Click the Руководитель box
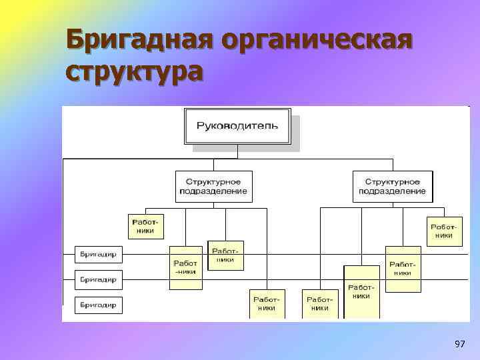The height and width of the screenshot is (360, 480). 237,126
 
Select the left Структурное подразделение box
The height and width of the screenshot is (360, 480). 213,186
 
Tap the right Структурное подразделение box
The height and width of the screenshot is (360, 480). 392,186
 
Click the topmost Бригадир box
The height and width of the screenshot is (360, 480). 99,255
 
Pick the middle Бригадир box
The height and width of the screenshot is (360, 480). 99,279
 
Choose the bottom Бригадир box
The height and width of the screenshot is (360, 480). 99,305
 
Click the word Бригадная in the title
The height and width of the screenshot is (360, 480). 141,41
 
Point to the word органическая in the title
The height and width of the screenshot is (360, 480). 317,41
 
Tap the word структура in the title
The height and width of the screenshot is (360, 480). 133,70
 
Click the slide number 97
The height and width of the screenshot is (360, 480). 459,344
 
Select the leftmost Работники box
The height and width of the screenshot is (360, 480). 145,226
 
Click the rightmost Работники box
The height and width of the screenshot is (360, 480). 444,230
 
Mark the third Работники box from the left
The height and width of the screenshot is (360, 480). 225,255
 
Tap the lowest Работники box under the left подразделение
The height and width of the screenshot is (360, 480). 267,304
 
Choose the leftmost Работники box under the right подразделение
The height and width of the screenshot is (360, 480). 320,304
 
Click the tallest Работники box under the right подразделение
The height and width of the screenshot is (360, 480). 361,291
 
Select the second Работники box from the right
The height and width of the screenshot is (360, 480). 403,269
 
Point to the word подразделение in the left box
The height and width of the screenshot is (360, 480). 213,191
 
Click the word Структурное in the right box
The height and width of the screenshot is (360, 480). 392,181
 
